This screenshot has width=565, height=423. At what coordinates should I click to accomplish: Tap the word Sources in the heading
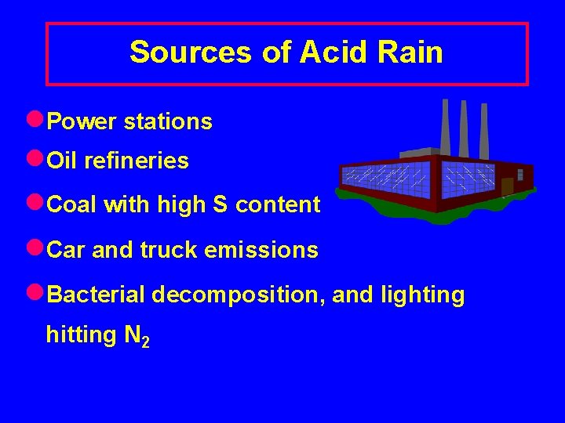click(191, 52)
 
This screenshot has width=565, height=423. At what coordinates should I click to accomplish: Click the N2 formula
click(137, 336)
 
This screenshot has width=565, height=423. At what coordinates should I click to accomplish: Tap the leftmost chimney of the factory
click(445, 127)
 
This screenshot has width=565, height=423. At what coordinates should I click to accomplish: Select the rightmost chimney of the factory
click(484, 131)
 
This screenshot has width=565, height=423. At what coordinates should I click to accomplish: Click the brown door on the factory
click(507, 186)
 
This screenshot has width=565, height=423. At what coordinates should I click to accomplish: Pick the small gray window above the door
click(519, 174)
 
